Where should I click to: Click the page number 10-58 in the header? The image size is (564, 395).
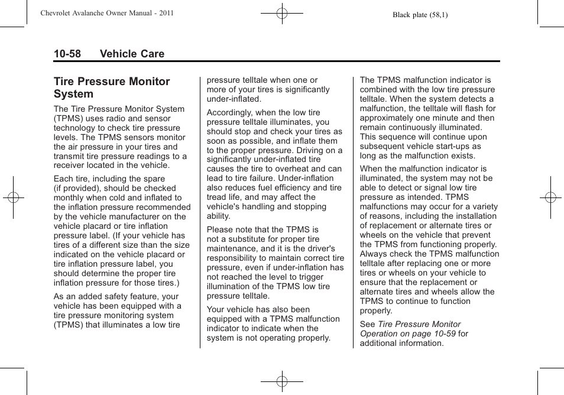67,54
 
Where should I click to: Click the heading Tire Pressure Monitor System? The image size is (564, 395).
111,88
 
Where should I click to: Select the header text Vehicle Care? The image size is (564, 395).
132,54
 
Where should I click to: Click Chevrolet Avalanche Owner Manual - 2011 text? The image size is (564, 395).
107,12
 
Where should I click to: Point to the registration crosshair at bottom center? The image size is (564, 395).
282,381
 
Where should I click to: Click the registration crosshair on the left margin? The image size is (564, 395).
12,197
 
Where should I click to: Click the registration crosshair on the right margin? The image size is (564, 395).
550,197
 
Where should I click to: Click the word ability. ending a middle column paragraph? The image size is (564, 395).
219,216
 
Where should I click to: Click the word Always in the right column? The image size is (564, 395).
374,254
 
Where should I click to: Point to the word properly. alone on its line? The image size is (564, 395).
376,310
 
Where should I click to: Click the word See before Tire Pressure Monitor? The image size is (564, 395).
367,324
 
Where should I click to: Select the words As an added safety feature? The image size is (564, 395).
106,296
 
